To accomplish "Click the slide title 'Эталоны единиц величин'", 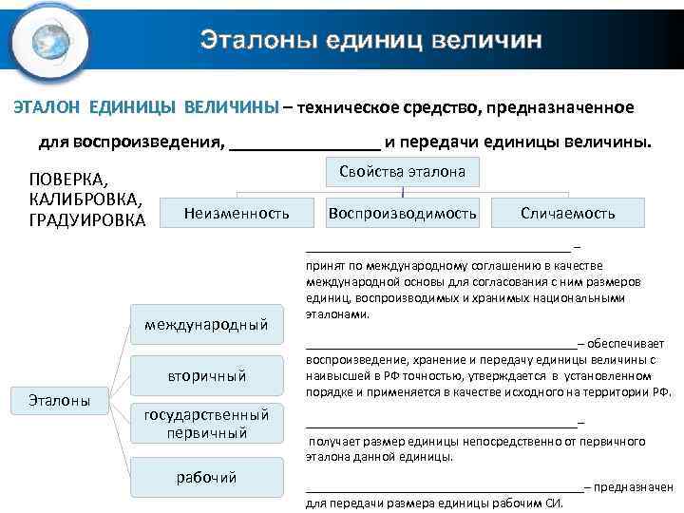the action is [x=371, y=40].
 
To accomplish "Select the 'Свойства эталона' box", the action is [x=402, y=172].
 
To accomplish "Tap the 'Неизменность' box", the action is [x=237, y=214].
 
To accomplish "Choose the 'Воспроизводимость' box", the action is [x=402, y=214].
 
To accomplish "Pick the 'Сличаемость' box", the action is [x=568, y=214].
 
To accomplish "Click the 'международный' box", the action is [x=206, y=326].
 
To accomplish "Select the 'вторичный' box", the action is [x=206, y=375].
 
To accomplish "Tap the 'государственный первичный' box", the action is [x=206, y=424].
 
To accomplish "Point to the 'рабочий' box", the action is [x=206, y=476].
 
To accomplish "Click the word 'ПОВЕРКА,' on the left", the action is [x=69, y=180].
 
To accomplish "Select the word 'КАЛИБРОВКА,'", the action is [x=86, y=199].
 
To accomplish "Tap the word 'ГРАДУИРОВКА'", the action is [x=87, y=220].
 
